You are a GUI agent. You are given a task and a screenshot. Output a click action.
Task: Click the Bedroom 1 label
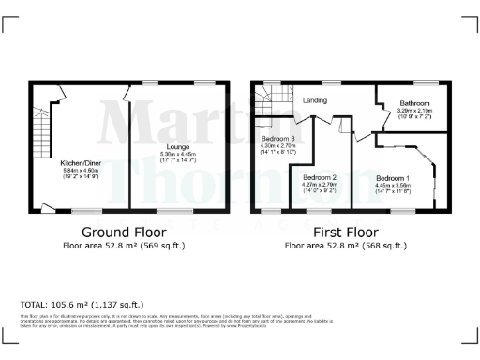[x=393, y=177]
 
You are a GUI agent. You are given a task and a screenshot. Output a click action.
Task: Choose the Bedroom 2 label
[x=320, y=177]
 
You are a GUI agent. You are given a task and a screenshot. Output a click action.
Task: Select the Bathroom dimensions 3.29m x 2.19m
[x=413, y=111]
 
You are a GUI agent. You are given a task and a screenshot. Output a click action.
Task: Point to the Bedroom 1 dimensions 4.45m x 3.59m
[x=393, y=186]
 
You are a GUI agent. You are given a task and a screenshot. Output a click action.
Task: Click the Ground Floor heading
[x=119, y=232]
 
